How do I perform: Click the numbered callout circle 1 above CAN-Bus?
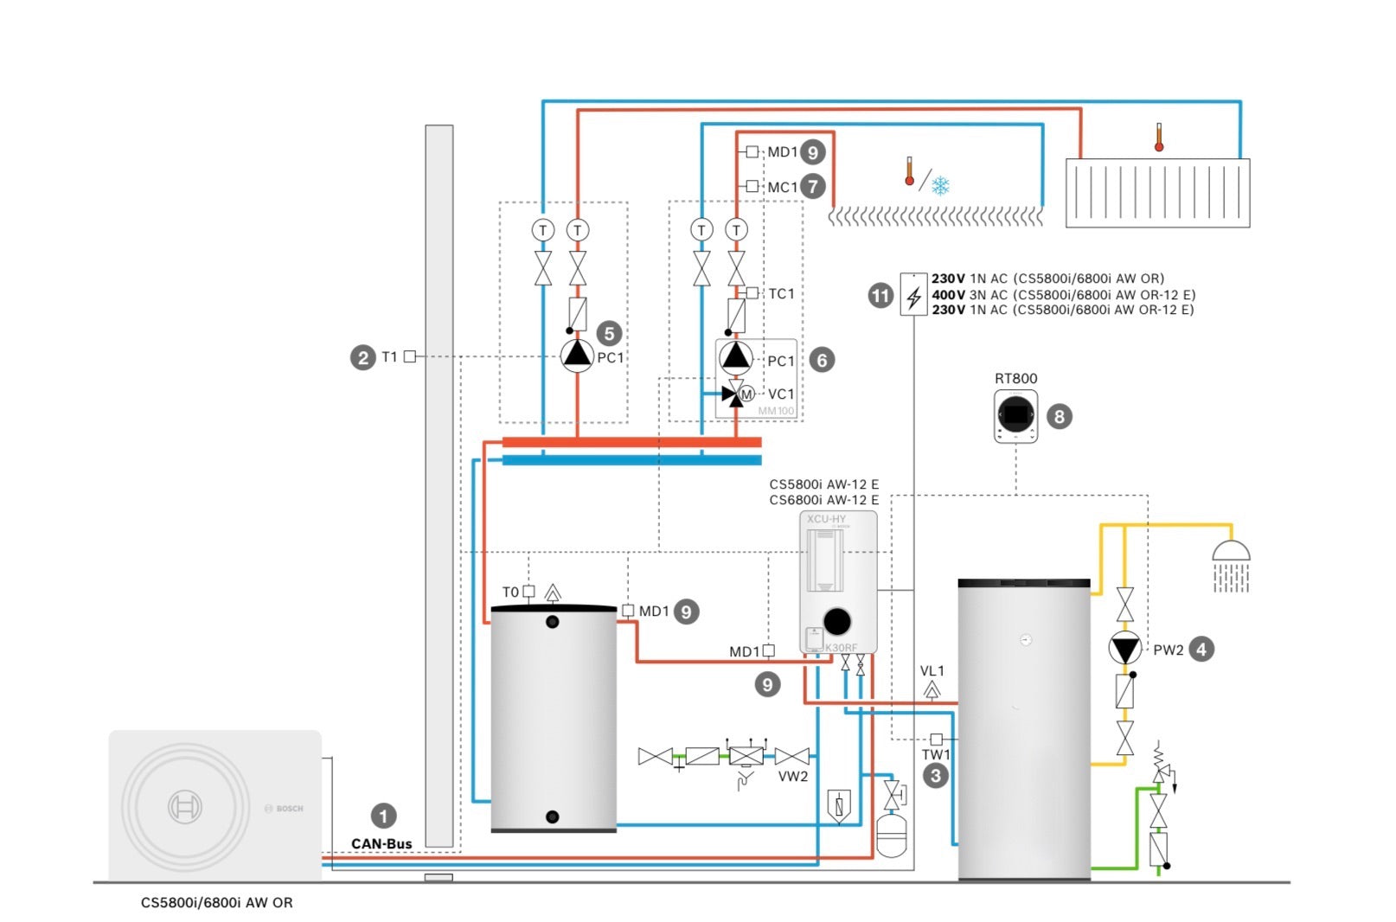coord(383,816)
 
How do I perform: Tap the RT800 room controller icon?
coord(1015,416)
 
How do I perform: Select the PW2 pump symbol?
coord(1124,648)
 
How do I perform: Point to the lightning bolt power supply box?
coord(913,294)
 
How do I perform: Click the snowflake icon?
coord(940,185)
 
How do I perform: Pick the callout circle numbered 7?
coord(812,186)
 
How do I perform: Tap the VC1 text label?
coord(780,394)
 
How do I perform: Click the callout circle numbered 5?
coord(609,334)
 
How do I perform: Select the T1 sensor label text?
coord(389,356)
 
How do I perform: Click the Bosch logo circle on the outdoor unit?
coord(184,807)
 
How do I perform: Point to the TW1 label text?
coord(935,754)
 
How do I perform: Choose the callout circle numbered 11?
coord(880,296)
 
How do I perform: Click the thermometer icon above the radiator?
coord(1158,138)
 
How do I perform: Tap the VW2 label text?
coord(792,777)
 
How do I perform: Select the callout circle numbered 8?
coord(1059,417)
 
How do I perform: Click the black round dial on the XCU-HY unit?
coord(836,620)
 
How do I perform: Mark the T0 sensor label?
coord(510,592)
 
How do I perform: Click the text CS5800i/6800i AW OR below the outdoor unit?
coord(217,902)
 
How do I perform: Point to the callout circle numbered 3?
coord(935,776)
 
